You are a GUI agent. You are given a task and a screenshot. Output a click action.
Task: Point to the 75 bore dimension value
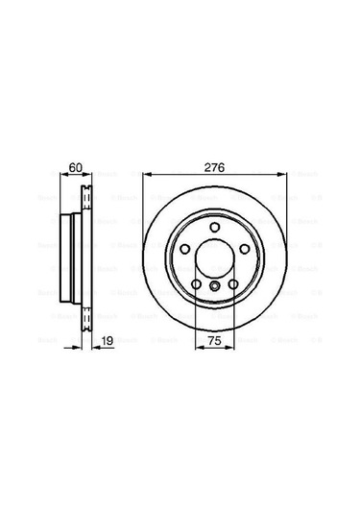point(215,339)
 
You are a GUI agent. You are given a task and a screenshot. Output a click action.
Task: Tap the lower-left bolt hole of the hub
point(197,283)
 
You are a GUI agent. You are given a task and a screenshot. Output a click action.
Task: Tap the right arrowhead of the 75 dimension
point(231,347)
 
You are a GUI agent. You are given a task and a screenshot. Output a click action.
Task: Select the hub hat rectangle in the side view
point(69,256)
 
